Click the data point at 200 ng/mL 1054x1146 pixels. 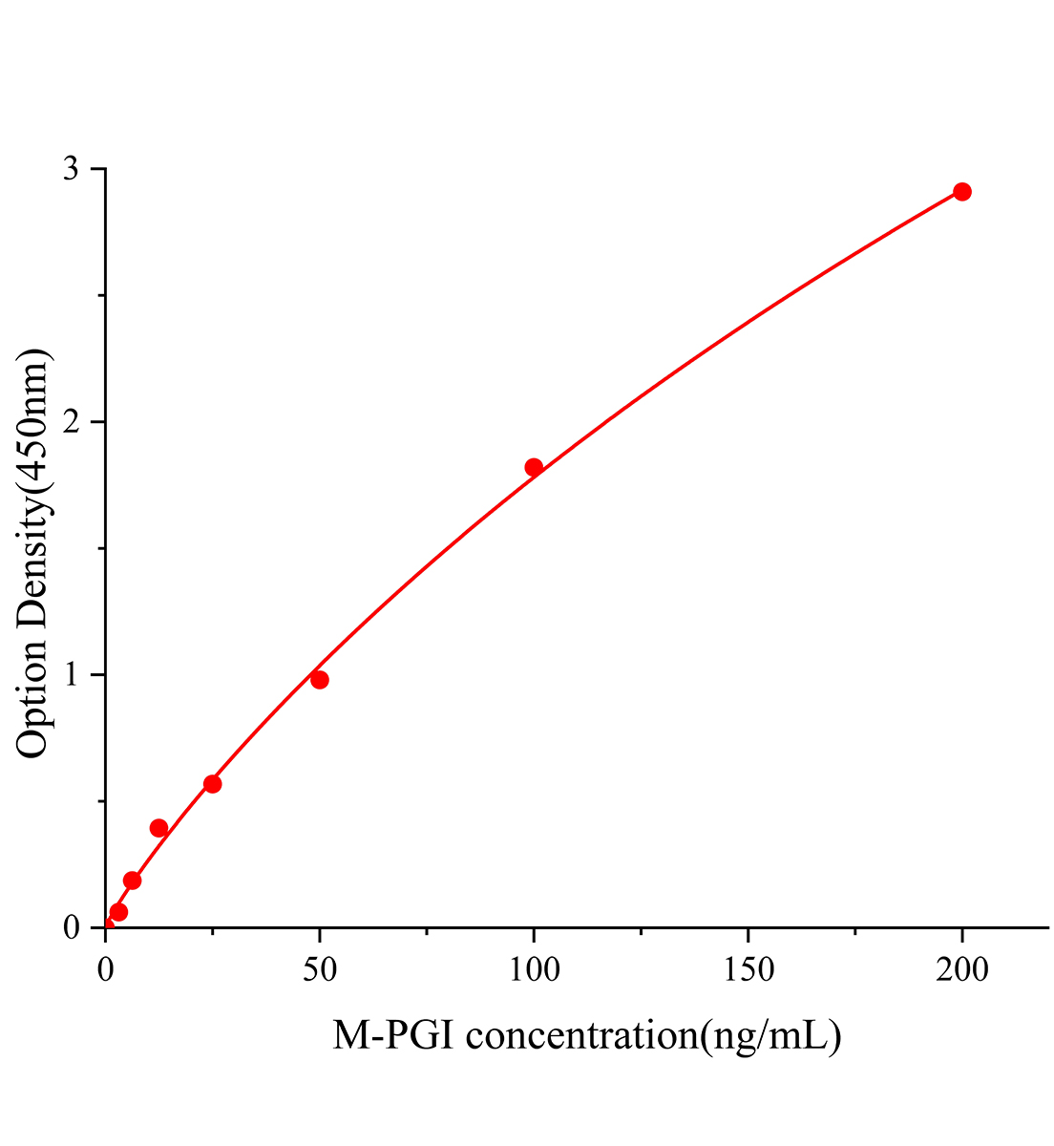pyautogui.click(x=961, y=192)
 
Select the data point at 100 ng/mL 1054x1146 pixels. pyautogui.click(x=534, y=467)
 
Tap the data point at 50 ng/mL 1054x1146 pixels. pyautogui.click(x=320, y=680)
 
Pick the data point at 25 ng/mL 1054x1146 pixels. pyautogui.click(x=213, y=784)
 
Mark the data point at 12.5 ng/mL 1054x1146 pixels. pyautogui.click(x=159, y=828)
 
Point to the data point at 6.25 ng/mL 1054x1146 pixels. pyautogui.click(x=133, y=881)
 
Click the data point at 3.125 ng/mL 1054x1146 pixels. pyautogui.click(x=119, y=912)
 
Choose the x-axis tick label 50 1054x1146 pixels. pyautogui.click(x=320, y=969)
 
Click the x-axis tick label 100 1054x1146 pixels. pyautogui.click(x=534, y=969)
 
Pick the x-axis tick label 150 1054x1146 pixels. pyautogui.click(x=748, y=969)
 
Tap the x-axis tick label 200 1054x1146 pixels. pyautogui.click(x=961, y=969)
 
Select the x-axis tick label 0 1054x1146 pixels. pyautogui.click(x=106, y=969)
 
